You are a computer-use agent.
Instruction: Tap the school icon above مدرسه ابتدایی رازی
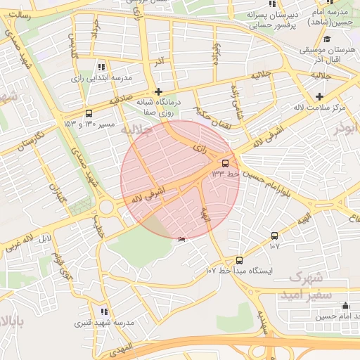[x=103, y=67]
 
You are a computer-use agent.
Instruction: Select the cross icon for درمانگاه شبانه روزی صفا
[x=158, y=91]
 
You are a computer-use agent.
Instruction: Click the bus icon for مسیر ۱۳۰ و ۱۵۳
[x=89, y=113]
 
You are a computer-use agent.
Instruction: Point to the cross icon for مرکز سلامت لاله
[x=320, y=96]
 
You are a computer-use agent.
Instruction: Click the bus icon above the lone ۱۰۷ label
[x=274, y=236]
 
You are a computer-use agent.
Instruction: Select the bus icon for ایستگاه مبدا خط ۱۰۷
[x=239, y=260]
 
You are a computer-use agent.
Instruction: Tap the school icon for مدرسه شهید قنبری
[x=104, y=311]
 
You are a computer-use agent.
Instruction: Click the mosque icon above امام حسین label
[x=345, y=306]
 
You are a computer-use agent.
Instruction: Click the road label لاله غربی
[x=21, y=243]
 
